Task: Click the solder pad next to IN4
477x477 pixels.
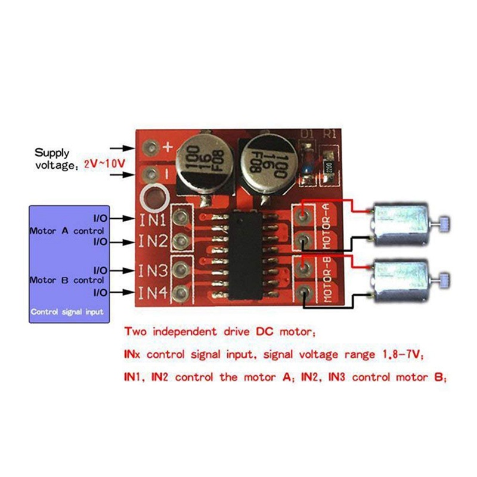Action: tap(180, 292)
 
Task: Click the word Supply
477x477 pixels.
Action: tap(51, 152)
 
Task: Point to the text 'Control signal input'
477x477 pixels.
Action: tap(67, 312)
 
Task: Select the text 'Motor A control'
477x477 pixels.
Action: tap(67, 230)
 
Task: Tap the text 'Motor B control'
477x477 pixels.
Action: tap(67, 279)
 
